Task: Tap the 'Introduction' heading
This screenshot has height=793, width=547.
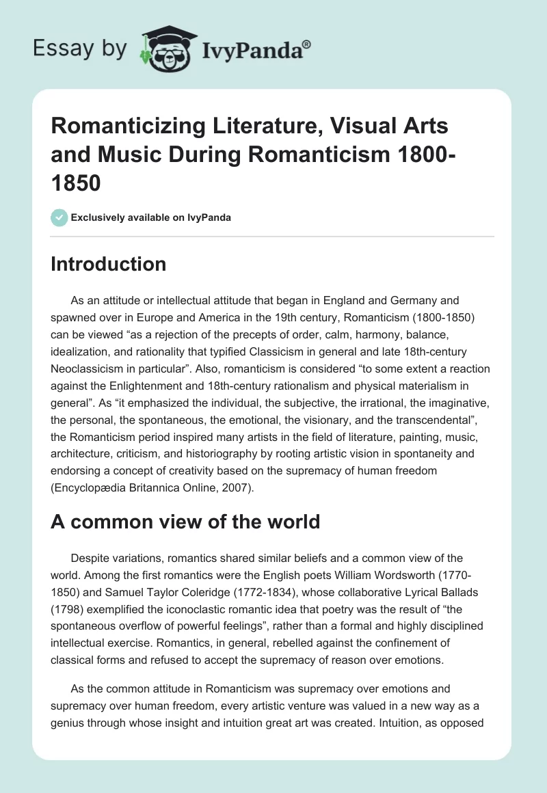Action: [x=108, y=264]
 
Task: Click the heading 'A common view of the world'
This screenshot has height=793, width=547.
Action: [x=185, y=522]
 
